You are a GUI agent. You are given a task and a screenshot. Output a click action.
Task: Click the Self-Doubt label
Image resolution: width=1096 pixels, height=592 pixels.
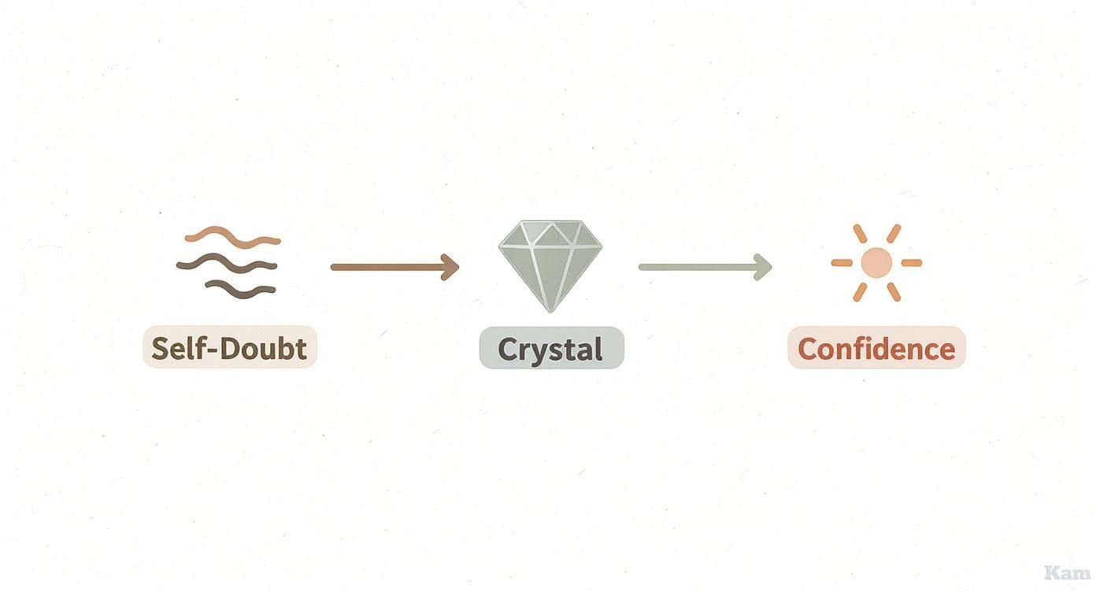click(x=229, y=348)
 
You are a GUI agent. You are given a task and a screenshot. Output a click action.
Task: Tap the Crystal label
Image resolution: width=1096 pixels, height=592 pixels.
click(x=551, y=349)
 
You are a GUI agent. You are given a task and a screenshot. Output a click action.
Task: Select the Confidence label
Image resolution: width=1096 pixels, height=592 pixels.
click(x=876, y=349)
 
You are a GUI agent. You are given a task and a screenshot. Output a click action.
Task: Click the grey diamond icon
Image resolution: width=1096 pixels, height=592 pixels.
click(x=550, y=263)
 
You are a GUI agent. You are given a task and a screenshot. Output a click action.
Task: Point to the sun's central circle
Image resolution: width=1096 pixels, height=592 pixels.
click(x=876, y=263)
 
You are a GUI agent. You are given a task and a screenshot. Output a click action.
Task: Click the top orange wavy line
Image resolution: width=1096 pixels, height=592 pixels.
click(x=232, y=235)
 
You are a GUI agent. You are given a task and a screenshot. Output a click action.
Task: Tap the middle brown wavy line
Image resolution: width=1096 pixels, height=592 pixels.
click(x=227, y=264)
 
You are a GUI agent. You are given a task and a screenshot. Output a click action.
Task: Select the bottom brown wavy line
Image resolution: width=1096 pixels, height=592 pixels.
click(x=241, y=289)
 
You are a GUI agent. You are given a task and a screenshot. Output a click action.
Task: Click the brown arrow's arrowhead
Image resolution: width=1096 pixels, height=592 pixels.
click(x=451, y=267)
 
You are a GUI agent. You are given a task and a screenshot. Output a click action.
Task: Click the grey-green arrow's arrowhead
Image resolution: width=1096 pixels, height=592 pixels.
click(x=764, y=267)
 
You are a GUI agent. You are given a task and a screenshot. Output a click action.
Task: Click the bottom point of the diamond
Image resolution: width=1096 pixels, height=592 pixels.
click(x=550, y=309)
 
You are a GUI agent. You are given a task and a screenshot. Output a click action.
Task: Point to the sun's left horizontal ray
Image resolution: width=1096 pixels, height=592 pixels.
click(x=841, y=263)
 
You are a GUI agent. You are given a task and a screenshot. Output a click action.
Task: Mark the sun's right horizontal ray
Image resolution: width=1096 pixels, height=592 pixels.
click(x=912, y=263)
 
